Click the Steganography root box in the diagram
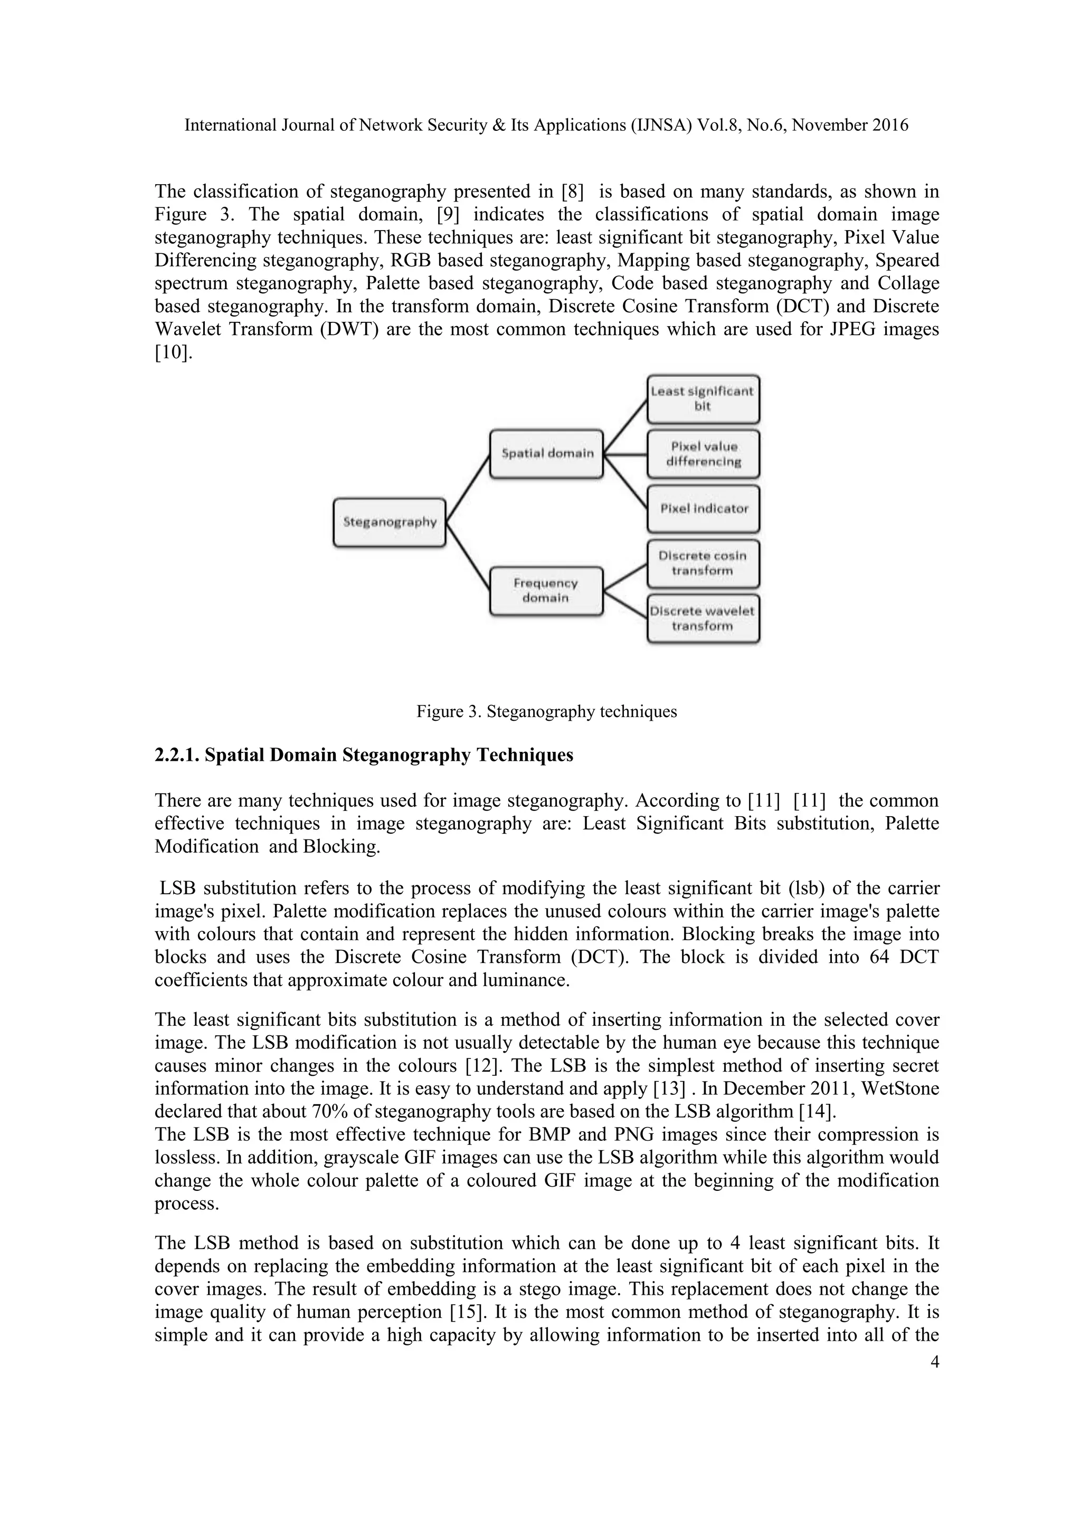click(x=390, y=522)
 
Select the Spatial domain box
click(x=546, y=454)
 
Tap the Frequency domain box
click(x=546, y=590)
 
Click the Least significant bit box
click(x=703, y=399)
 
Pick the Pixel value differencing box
click(x=703, y=454)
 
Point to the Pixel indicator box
click(x=703, y=509)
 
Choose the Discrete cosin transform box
click(x=703, y=563)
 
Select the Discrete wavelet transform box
click(x=703, y=618)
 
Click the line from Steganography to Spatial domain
click(x=468, y=489)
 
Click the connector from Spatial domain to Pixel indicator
click(x=625, y=482)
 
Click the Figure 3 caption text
click(x=546, y=711)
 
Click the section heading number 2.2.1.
click(x=177, y=756)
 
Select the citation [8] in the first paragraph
click(x=573, y=192)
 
